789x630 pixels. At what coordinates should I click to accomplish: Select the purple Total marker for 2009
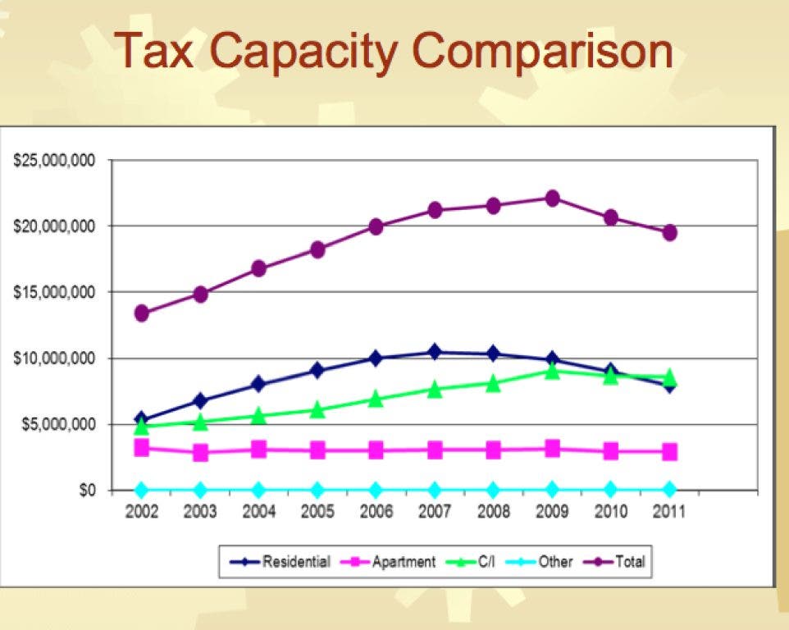pyautogui.click(x=552, y=199)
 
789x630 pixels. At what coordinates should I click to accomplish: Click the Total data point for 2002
pyautogui.click(x=141, y=313)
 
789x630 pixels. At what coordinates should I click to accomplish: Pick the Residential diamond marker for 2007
pyautogui.click(x=435, y=352)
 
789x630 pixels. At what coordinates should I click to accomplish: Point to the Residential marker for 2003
pyautogui.click(x=200, y=400)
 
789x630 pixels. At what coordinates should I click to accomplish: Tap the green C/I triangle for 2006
pyautogui.click(x=376, y=399)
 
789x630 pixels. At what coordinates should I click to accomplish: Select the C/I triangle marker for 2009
pyautogui.click(x=552, y=371)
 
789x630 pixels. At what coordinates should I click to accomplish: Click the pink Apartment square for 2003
pyautogui.click(x=200, y=452)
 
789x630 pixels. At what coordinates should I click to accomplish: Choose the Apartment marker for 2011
pyautogui.click(x=669, y=451)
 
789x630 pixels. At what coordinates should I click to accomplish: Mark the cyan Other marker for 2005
pyautogui.click(x=317, y=489)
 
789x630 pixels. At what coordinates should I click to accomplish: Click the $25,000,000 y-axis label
pyautogui.click(x=54, y=161)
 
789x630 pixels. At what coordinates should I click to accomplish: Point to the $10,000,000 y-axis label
pyautogui.click(x=54, y=358)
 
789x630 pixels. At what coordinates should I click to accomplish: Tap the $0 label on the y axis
pyautogui.click(x=87, y=490)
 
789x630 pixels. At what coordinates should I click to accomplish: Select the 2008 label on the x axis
pyautogui.click(x=493, y=512)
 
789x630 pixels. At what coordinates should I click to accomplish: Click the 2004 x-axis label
pyautogui.click(x=258, y=512)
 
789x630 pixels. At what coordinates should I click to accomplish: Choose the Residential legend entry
pyautogui.click(x=280, y=562)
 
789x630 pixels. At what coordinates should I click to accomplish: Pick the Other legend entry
pyautogui.click(x=539, y=562)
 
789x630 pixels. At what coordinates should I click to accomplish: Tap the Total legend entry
pyautogui.click(x=614, y=562)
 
